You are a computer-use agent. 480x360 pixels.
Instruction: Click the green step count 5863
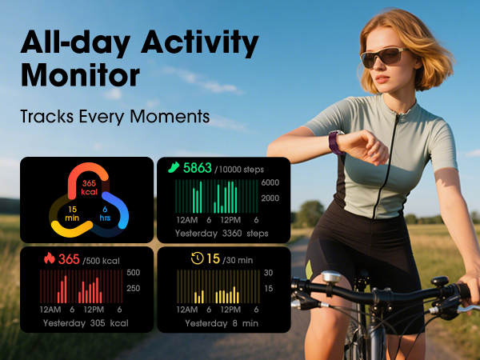pos(198,168)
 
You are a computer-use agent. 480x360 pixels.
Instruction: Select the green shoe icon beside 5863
pos(174,168)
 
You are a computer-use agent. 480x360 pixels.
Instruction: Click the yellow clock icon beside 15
pos(197,258)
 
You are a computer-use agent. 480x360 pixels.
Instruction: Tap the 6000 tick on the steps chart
pos(270,183)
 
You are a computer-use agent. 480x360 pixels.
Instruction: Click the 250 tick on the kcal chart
pos(134,289)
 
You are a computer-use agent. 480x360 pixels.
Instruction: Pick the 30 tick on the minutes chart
pos(269,273)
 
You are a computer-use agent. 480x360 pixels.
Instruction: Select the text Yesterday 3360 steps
pos(222,234)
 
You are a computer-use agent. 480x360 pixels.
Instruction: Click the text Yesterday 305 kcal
pos(86,323)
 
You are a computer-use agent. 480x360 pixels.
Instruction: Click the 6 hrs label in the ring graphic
pos(106,214)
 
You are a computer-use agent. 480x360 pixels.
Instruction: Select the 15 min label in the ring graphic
pos(71,214)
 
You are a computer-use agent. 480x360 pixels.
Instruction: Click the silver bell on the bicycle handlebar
pos(330,278)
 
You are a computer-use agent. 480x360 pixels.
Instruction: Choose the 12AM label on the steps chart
pos(187,219)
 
